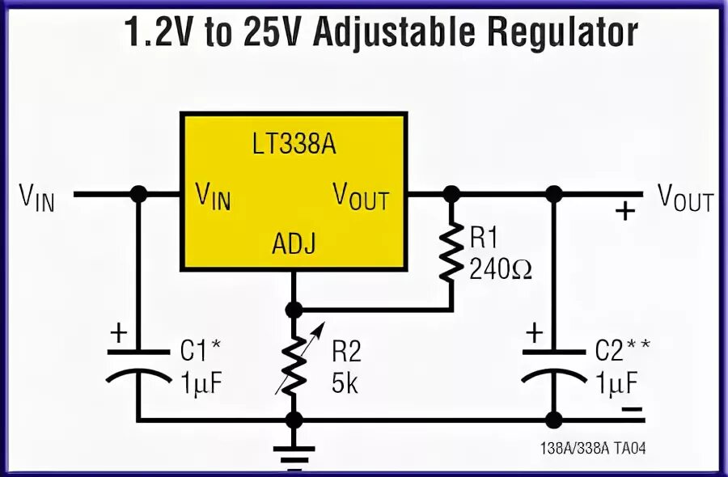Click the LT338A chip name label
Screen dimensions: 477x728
point(294,146)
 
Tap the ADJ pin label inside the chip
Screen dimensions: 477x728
point(294,243)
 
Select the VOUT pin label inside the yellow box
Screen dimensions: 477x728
point(361,196)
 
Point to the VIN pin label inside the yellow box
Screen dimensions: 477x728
point(214,196)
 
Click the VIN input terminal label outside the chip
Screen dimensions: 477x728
point(38,196)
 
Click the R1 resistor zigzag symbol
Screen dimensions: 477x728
point(451,252)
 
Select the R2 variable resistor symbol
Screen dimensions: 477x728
point(294,364)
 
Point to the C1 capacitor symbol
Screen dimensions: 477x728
point(138,363)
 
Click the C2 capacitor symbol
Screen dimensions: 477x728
point(554,363)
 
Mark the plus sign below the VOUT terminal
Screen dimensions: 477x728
point(624,212)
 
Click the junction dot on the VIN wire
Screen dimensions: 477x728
point(138,194)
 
